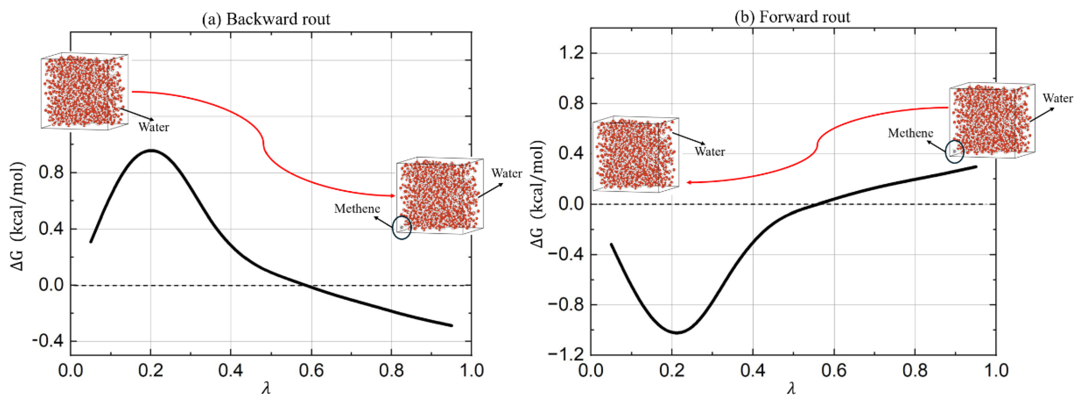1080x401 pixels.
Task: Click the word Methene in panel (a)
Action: coord(357,209)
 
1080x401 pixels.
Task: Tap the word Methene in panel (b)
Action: coord(910,133)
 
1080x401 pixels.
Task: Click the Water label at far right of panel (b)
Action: coord(1058,98)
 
